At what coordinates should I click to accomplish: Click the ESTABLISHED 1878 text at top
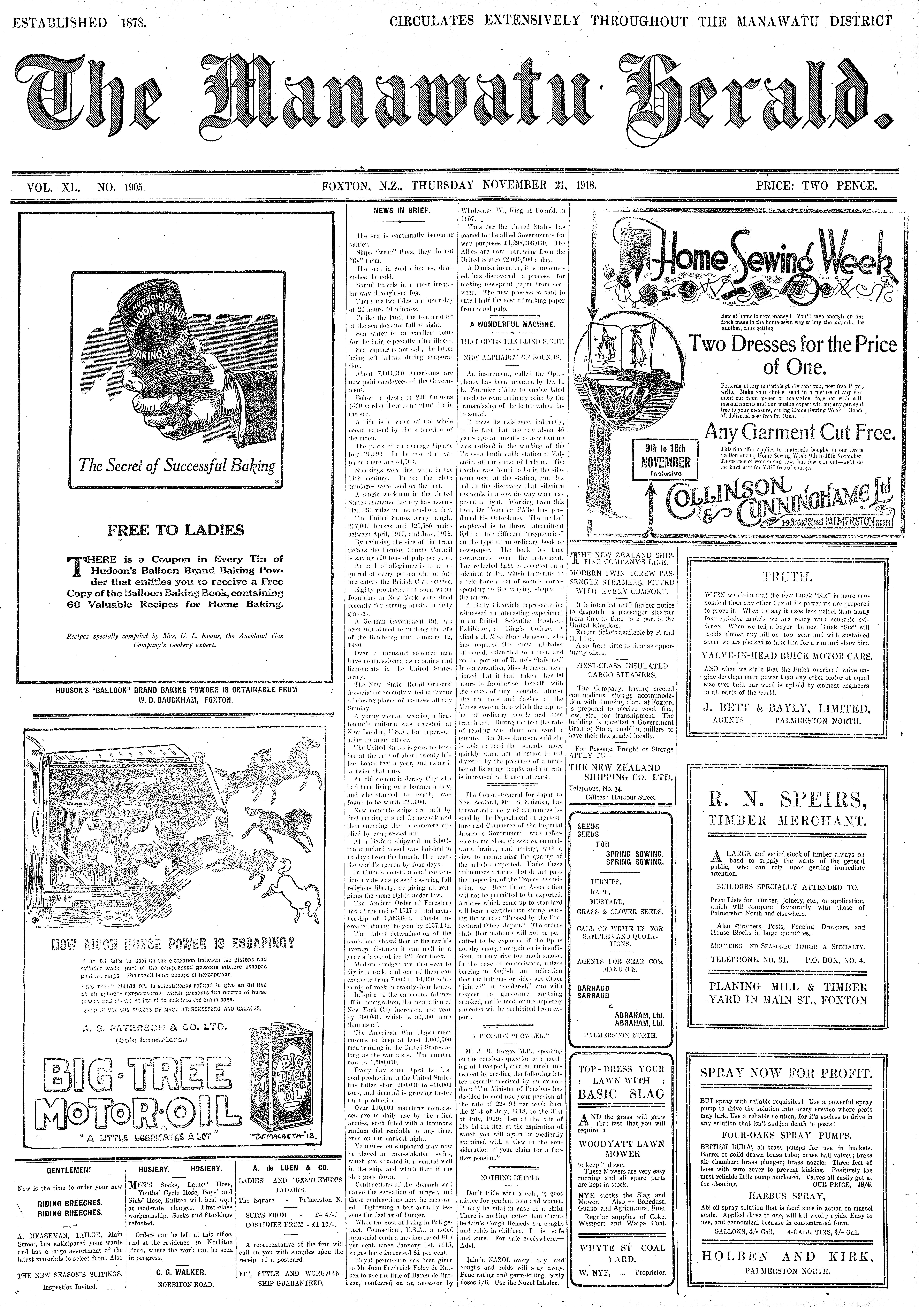coord(80,23)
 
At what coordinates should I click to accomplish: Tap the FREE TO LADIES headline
coord(175,531)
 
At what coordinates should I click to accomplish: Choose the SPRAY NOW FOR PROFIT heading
coord(786,1073)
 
